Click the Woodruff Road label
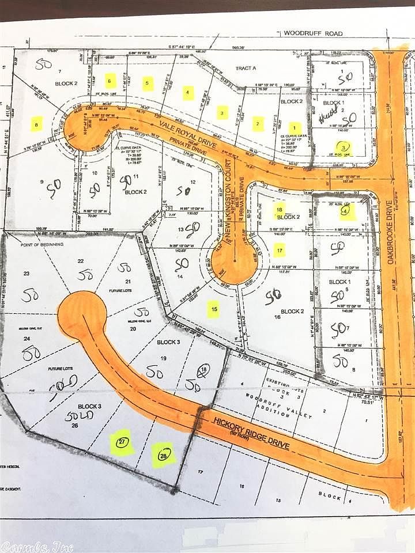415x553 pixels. click(317, 34)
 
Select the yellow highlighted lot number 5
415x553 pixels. click(149, 84)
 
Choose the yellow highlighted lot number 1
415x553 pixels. click(295, 128)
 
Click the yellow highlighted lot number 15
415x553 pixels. click(214, 310)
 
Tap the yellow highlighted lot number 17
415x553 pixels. click(280, 250)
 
